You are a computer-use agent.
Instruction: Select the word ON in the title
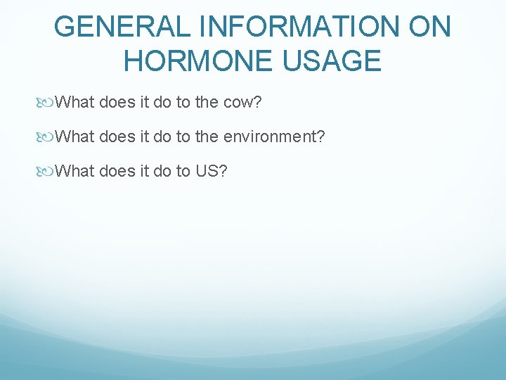tap(428, 27)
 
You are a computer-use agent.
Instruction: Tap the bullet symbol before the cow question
tap(47, 103)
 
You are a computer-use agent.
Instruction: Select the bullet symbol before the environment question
tap(47, 137)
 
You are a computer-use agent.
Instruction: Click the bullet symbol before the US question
tap(47, 170)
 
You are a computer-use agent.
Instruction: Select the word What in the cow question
tap(75, 103)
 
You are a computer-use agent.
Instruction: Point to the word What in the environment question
tap(75, 137)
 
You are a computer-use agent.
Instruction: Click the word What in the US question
tap(75, 170)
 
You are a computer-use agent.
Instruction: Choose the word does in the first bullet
tap(118, 103)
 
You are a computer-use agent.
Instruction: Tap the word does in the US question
tap(118, 170)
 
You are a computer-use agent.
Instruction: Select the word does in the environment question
tap(118, 137)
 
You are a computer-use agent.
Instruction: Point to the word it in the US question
tap(144, 170)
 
